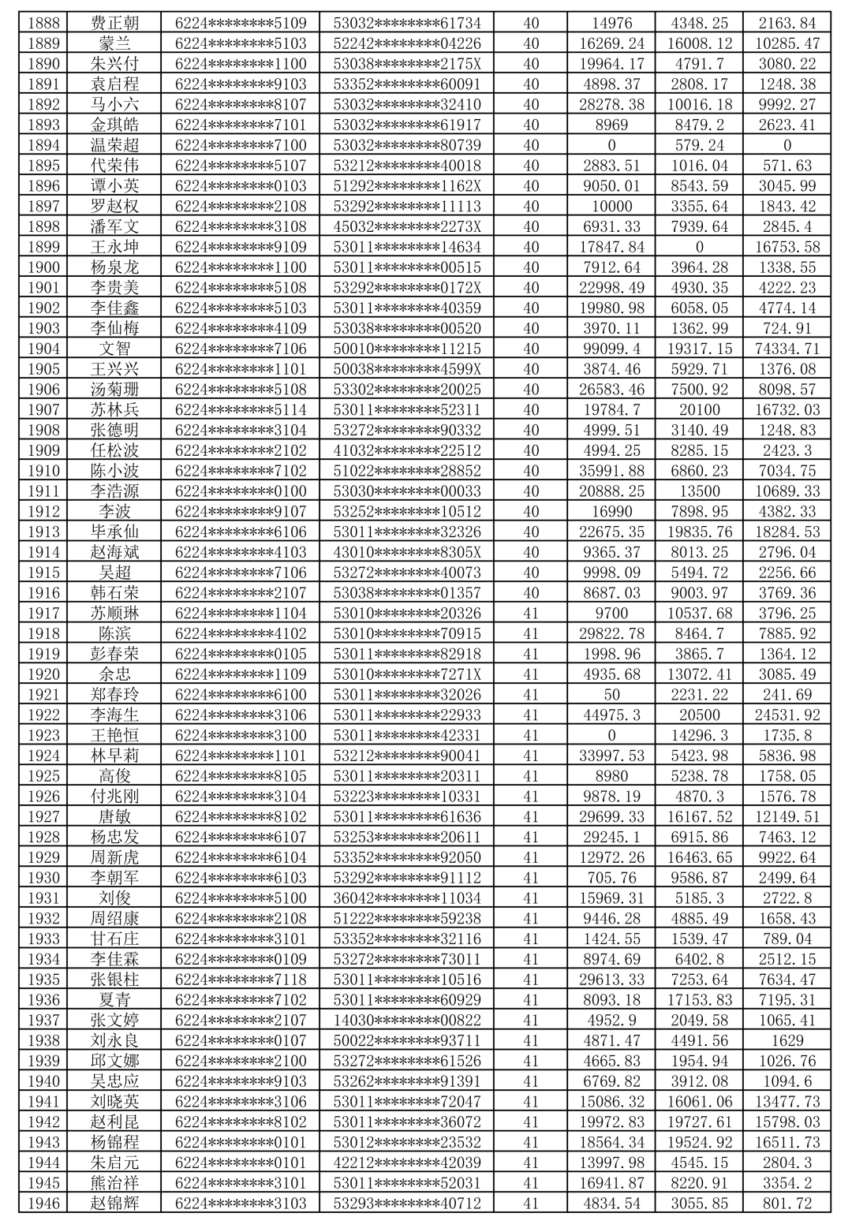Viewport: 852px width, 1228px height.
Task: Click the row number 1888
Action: [x=43, y=23]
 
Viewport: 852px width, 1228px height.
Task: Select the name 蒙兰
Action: [x=114, y=43]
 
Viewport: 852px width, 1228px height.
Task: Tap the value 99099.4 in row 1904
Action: [x=611, y=349]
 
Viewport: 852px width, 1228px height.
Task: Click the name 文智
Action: [x=114, y=349]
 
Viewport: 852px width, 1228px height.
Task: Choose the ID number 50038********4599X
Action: [x=406, y=369]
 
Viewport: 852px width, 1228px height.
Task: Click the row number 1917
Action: [x=43, y=613]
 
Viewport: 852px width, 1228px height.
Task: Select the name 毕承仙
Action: [x=114, y=532]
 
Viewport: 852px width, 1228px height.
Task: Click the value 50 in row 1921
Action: [x=611, y=694]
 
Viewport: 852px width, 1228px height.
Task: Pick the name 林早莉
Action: [x=114, y=756]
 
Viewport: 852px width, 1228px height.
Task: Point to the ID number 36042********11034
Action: [x=406, y=898]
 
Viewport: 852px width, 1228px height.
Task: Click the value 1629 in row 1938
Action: [x=787, y=1040]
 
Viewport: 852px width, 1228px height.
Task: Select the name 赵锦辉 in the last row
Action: [x=114, y=1203]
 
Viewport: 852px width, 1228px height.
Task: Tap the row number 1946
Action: [x=43, y=1203]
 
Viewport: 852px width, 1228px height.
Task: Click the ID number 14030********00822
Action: [x=406, y=1020]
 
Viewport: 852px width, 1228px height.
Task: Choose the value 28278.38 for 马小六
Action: [x=611, y=104]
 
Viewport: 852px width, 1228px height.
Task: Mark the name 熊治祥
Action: [x=114, y=1182]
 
